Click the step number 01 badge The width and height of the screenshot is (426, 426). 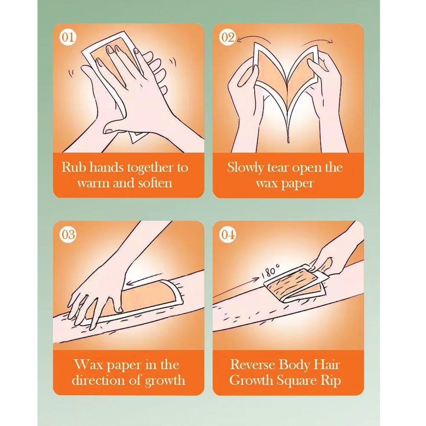click(x=68, y=37)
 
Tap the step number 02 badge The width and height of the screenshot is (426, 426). click(x=227, y=37)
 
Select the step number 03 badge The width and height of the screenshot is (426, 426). click(x=68, y=235)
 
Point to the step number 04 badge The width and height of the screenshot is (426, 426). click(x=227, y=235)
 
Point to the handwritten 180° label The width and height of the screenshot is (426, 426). click(x=270, y=271)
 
